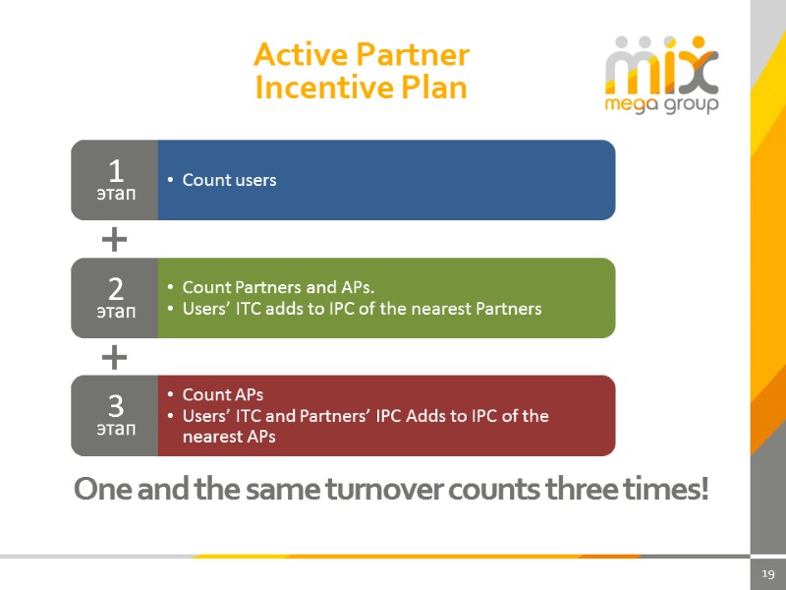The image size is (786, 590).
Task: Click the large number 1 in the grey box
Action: click(x=115, y=171)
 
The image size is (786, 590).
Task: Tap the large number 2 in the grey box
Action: click(x=115, y=289)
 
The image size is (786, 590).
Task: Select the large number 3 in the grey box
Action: click(x=115, y=406)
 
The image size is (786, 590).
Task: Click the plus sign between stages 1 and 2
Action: click(x=115, y=238)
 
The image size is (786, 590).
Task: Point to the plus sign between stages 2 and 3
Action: click(x=115, y=356)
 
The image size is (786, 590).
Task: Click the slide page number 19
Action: click(x=768, y=574)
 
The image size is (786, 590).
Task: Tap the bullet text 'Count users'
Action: click(x=229, y=180)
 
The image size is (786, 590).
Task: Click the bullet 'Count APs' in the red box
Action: click(x=223, y=395)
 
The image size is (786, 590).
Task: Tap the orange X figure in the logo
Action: click(x=700, y=67)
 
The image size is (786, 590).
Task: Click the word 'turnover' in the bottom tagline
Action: click(x=378, y=489)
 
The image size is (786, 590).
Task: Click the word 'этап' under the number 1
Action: click(x=115, y=195)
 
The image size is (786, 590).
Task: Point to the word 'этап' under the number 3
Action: click(x=115, y=430)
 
